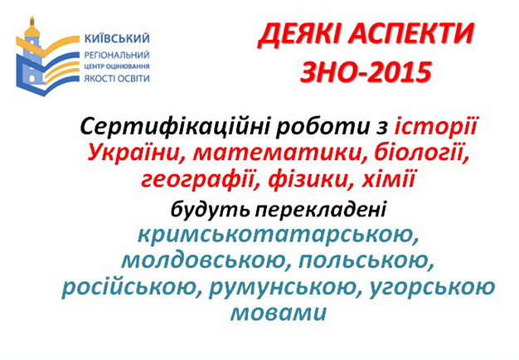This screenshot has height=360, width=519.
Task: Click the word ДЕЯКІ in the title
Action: [x=299, y=35]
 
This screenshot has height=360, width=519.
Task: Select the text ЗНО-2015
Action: [x=366, y=72]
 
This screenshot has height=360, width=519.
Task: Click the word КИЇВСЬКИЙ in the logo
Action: [x=117, y=38]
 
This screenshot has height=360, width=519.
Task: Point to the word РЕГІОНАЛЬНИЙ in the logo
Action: [x=117, y=55]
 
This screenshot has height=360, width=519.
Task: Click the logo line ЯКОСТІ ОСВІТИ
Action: [x=117, y=79]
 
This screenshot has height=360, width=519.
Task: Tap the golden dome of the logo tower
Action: [x=32, y=31]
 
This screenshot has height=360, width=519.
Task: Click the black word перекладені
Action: [x=320, y=209]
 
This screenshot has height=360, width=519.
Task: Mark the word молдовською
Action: [x=206, y=261]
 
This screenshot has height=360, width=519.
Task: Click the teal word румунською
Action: [x=285, y=288]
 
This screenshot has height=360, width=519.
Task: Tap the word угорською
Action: [x=432, y=288]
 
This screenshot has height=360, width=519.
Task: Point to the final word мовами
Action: [x=279, y=313]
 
